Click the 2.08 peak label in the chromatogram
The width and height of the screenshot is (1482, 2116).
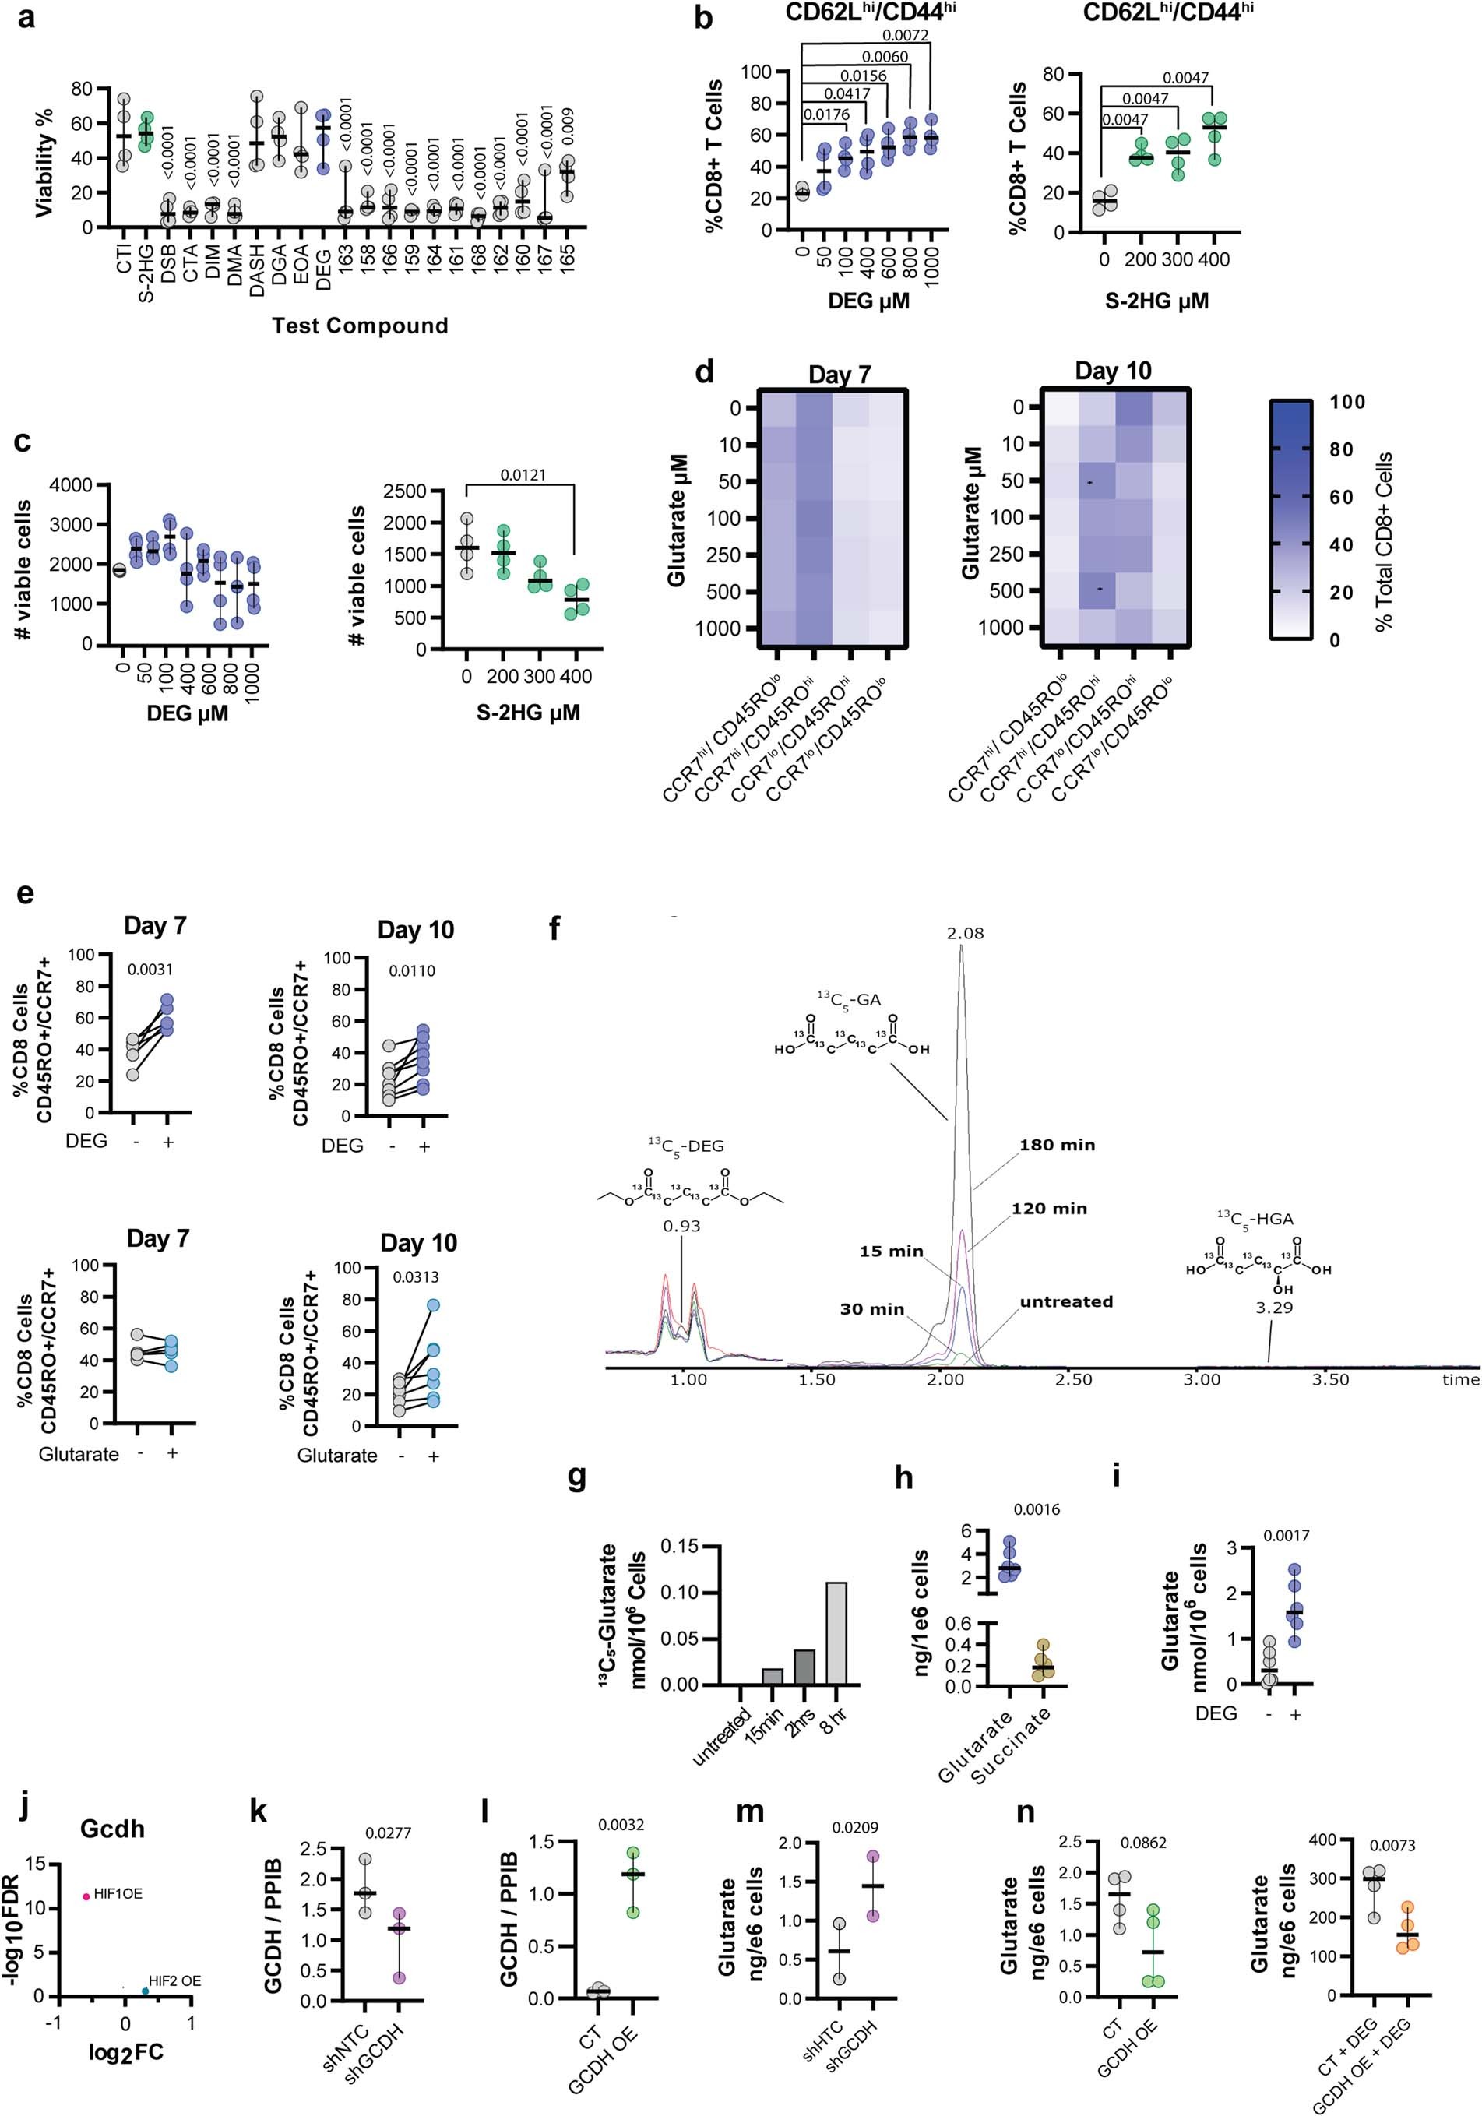(965, 934)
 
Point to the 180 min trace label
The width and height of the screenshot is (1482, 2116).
(1057, 1146)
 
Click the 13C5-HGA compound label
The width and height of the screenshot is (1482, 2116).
(1255, 1220)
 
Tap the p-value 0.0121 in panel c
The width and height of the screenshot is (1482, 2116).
(523, 476)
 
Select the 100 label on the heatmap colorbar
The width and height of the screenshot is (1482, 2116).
(1347, 402)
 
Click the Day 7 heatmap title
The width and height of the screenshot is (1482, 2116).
(840, 375)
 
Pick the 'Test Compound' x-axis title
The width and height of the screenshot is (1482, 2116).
(360, 326)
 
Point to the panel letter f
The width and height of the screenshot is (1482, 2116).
(554, 928)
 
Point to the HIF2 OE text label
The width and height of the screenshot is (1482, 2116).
(174, 1980)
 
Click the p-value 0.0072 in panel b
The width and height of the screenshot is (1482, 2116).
(905, 36)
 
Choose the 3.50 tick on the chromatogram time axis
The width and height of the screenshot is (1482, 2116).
(1330, 1379)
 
